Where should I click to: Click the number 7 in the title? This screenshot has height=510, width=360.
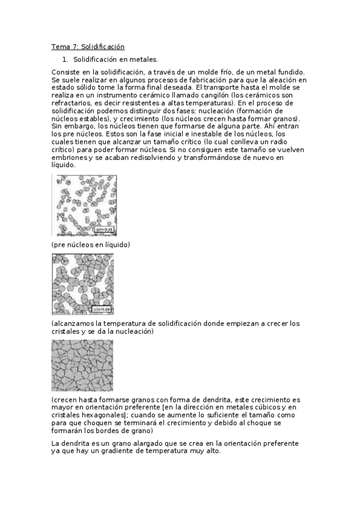pyautogui.click(x=76, y=46)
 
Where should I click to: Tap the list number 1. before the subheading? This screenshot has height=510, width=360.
pyautogui.click(x=66, y=60)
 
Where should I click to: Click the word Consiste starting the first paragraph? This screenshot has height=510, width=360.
pyautogui.click(x=66, y=72)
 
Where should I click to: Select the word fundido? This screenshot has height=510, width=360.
pyautogui.click(x=290, y=72)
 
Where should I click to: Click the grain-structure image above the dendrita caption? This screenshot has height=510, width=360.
pyautogui.click(x=82, y=365)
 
